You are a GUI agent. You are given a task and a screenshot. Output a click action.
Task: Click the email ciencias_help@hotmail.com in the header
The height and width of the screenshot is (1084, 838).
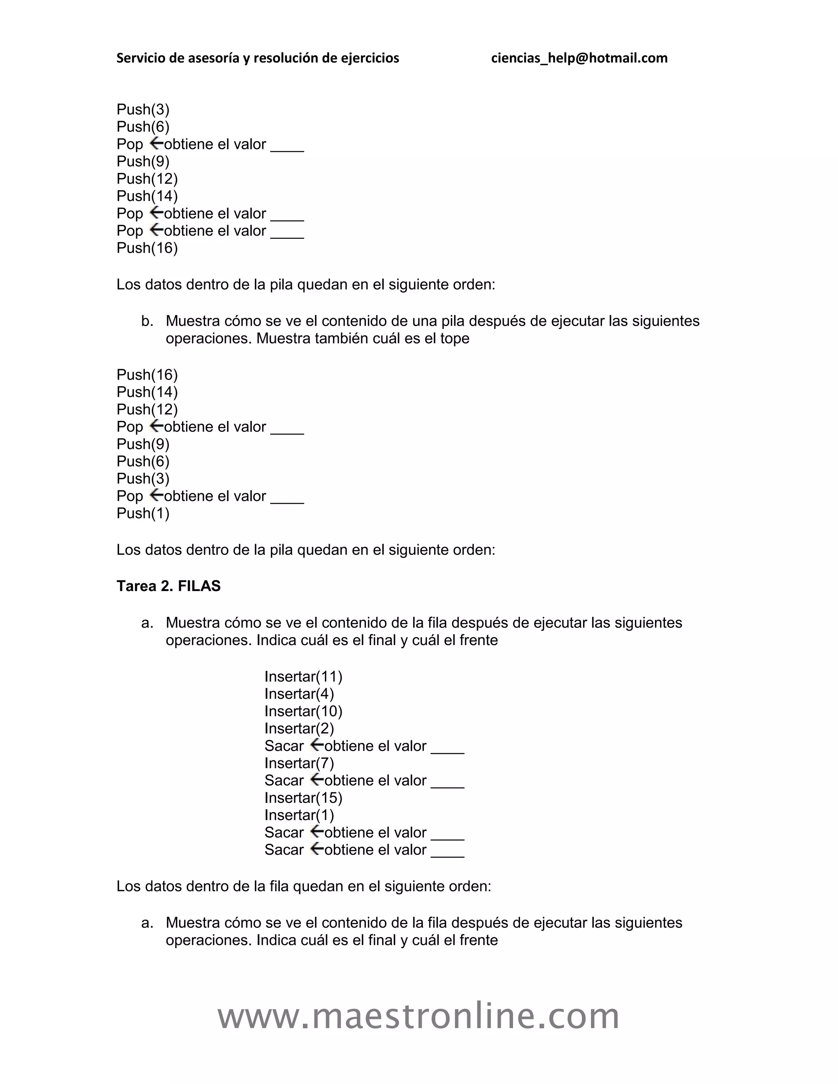(579, 58)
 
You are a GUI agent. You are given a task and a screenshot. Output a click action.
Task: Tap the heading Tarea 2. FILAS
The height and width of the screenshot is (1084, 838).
(168, 586)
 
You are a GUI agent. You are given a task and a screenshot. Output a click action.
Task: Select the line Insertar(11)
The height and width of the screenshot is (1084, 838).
(303, 677)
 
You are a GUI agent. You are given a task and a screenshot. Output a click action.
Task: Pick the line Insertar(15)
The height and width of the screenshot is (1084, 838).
(303, 798)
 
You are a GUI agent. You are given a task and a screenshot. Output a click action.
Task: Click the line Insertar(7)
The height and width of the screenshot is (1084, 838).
(299, 763)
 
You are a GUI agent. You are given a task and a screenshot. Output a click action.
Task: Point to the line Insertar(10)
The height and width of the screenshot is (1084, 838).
(303, 711)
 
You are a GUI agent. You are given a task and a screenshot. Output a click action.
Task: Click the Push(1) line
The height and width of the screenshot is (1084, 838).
(143, 513)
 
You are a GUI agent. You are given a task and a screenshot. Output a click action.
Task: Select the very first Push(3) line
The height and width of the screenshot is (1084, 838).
(143, 109)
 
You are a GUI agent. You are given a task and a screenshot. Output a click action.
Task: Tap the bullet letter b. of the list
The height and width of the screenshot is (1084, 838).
(147, 321)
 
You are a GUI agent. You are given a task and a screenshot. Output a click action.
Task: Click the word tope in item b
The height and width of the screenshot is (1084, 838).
(454, 339)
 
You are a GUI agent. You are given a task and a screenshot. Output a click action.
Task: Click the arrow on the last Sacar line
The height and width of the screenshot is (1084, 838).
(317, 849)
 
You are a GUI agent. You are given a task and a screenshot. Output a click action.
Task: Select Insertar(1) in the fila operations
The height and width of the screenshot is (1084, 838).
(299, 815)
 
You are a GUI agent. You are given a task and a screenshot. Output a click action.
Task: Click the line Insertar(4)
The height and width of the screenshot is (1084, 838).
(299, 694)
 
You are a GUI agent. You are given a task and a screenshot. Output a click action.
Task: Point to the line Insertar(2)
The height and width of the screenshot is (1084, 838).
(299, 729)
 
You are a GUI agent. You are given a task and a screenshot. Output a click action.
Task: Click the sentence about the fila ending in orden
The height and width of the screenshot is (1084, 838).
(303, 886)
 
